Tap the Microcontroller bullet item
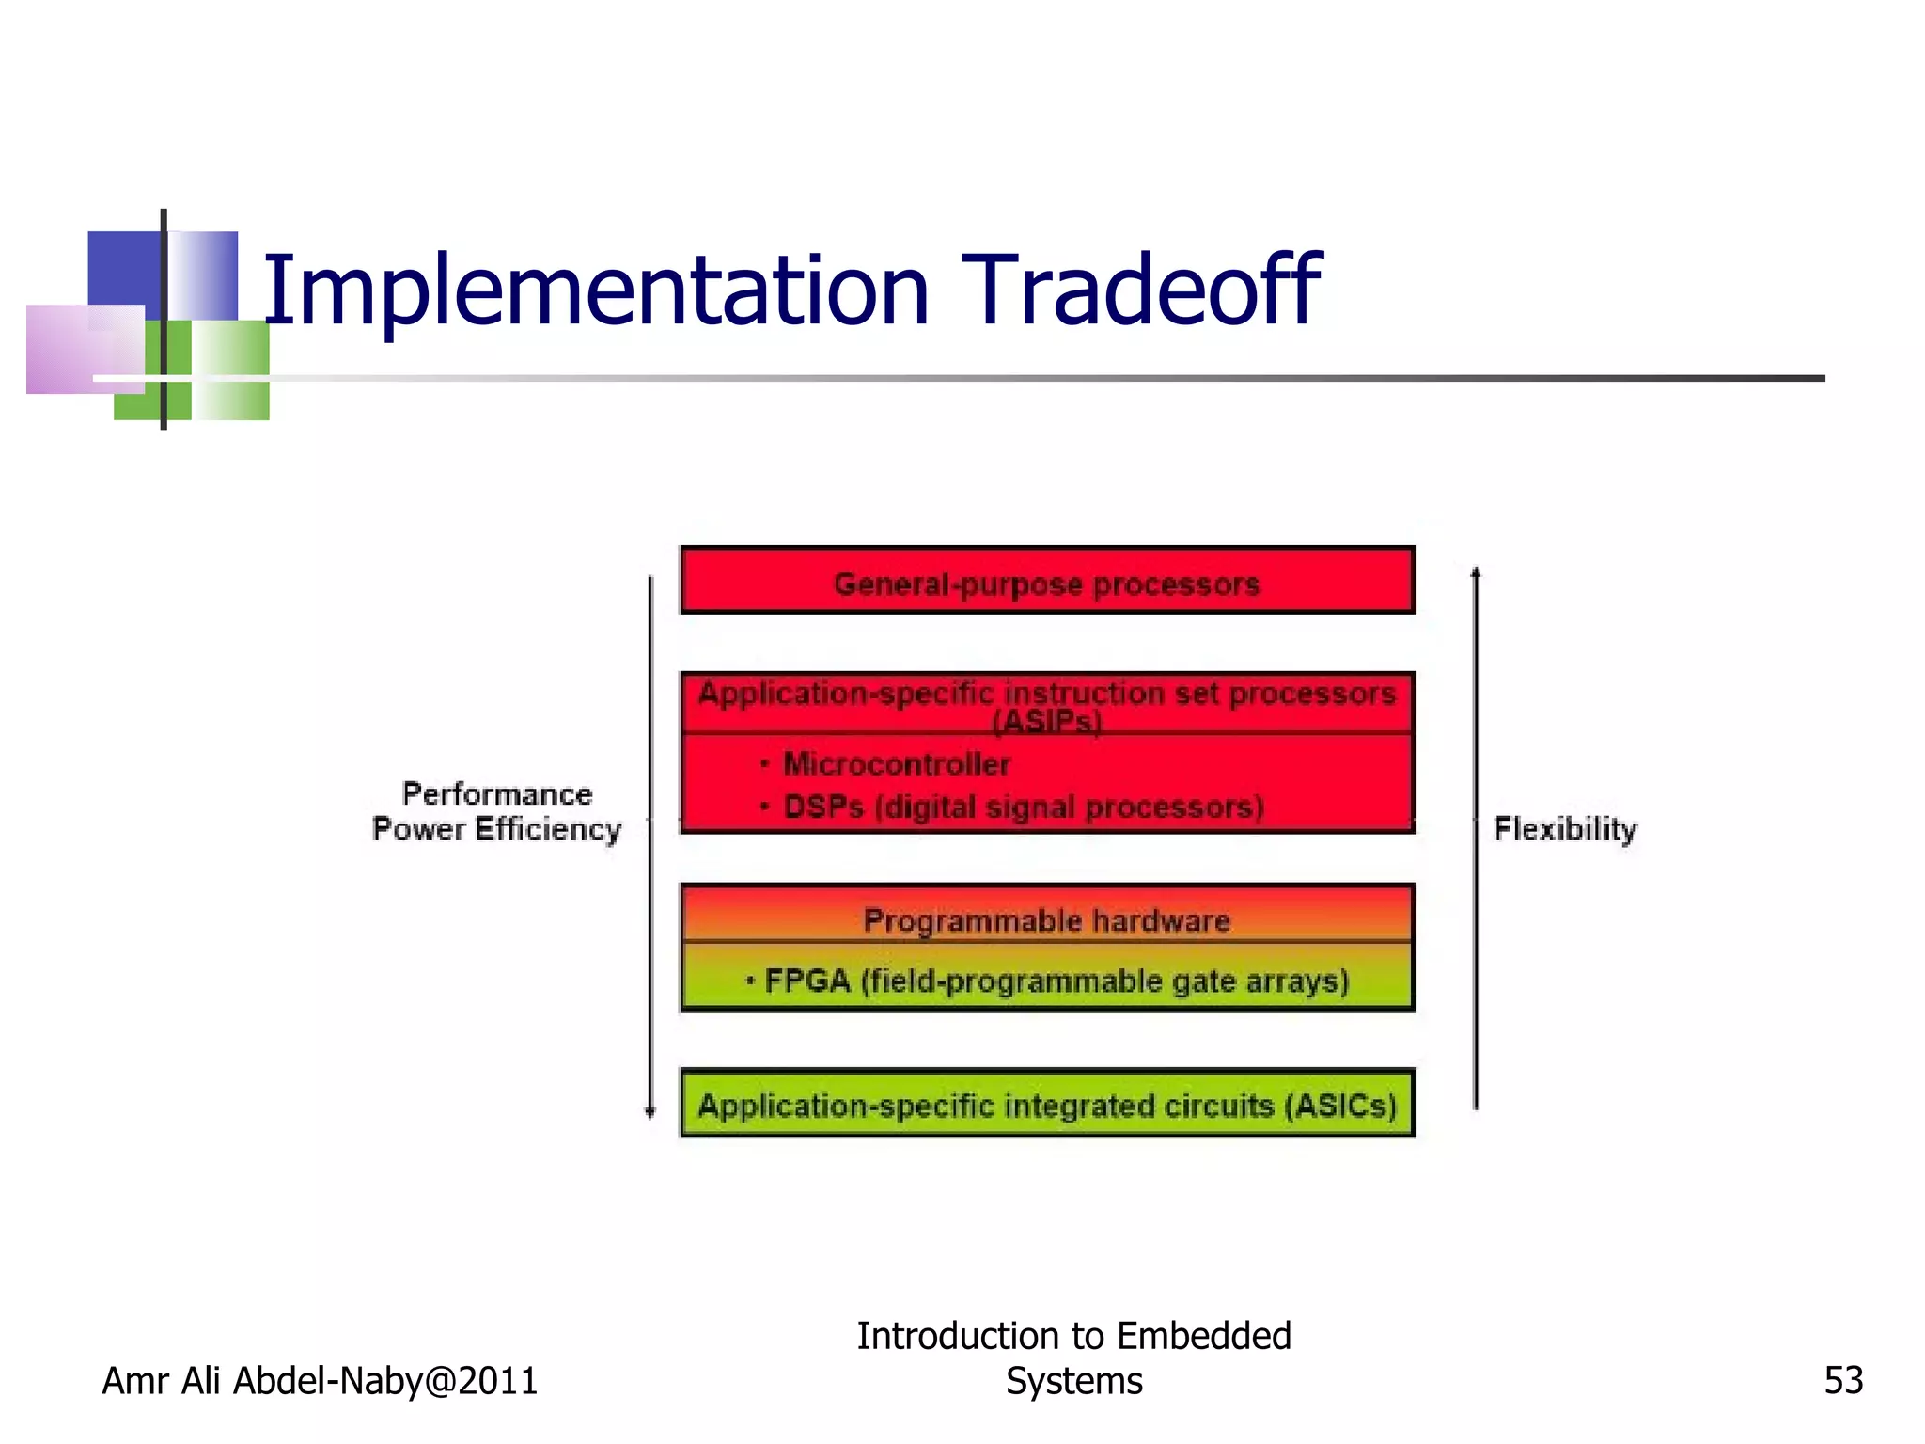coord(896,763)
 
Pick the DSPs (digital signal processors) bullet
coord(1023,807)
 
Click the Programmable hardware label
coord(1046,919)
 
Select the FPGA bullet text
coord(1056,981)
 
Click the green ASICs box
coord(1047,1105)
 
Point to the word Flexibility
coord(1565,828)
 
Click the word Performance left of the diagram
coord(497,793)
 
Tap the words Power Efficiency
coord(497,829)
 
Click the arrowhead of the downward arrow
coord(649,1112)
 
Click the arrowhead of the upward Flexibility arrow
coord(1476,572)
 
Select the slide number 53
coord(1842,1380)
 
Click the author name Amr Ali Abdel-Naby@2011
coord(320,1380)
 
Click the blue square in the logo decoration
coord(123,267)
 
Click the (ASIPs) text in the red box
coord(1046,722)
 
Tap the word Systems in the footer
coord(1073,1381)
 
